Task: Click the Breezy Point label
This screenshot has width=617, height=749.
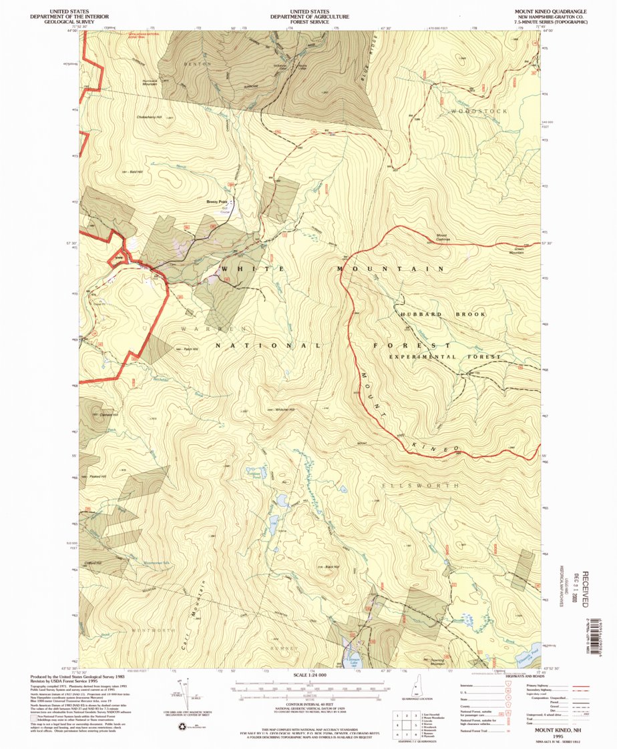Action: [217, 201]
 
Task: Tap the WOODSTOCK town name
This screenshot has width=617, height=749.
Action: [479, 111]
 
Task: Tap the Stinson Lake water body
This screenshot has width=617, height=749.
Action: [352, 658]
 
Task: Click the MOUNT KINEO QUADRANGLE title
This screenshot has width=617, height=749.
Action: [550, 12]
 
